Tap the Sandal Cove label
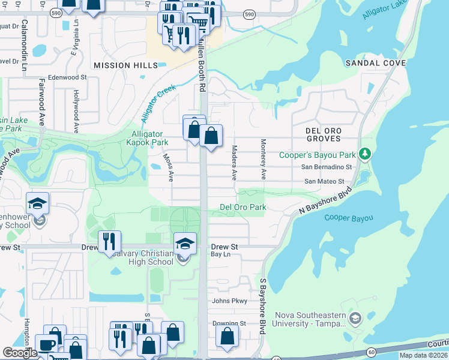click(375, 63)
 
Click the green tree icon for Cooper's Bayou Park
click(363, 154)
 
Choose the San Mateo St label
click(324, 181)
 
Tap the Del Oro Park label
click(243, 207)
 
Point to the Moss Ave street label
click(170, 167)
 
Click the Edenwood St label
click(68, 77)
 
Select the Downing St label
click(229, 323)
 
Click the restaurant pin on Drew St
click(109, 241)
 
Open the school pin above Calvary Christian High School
click(185, 243)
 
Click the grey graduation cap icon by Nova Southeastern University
click(355, 317)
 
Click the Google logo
click(20, 353)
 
